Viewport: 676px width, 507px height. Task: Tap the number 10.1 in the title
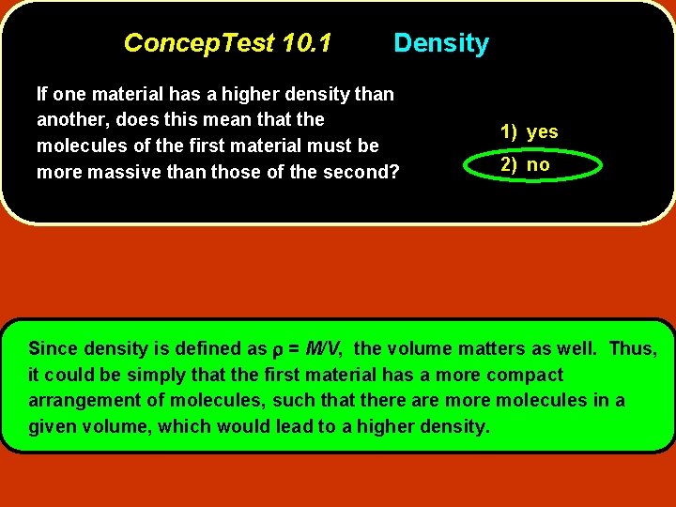point(307,43)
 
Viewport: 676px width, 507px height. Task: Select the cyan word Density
point(441,43)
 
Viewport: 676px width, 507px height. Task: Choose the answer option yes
point(543,132)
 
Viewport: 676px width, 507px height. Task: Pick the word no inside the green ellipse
point(538,165)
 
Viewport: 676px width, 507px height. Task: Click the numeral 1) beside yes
point(509,132)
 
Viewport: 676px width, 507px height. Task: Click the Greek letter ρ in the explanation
point(277,350)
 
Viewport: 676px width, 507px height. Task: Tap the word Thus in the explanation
point(632,348)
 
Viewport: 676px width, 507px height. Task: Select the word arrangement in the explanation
point(82,402)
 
